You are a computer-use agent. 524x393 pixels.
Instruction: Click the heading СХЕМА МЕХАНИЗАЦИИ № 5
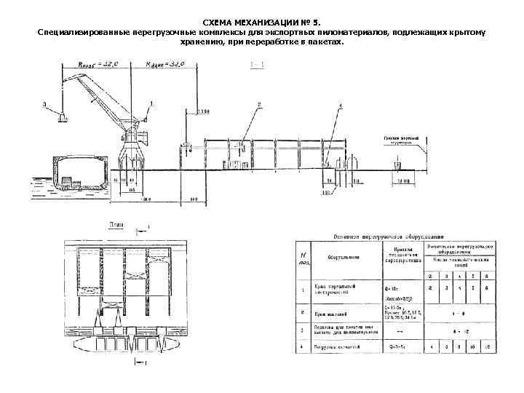click(x=261, y=24)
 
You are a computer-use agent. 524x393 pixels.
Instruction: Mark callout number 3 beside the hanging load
click(x=44, y=105)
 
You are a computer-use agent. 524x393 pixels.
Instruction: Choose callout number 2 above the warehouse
click(x=258, y=105)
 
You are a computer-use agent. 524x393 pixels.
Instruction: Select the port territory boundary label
click(x=401, y=140)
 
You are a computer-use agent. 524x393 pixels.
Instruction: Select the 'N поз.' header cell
click(x=301, y=258)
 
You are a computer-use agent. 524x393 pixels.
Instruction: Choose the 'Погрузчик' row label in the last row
click(x=334, y=347)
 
